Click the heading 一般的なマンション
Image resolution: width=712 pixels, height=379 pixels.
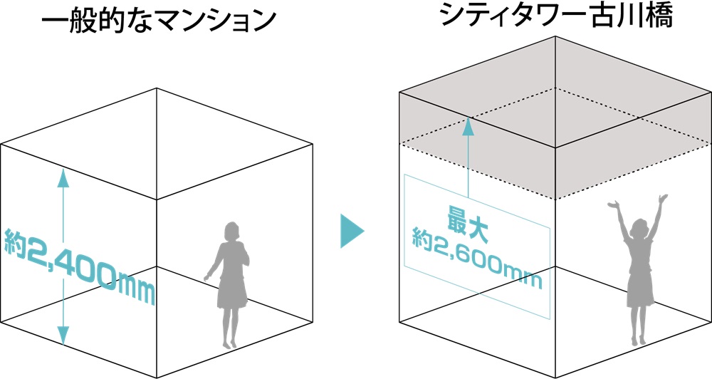point(157,21)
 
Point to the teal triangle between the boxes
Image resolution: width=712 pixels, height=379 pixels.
point(350,230)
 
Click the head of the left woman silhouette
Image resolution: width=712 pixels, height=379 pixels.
point(231,234)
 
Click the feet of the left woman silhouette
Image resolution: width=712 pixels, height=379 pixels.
point(228,343)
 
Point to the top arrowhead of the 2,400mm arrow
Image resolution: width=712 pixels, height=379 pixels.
point(63,177)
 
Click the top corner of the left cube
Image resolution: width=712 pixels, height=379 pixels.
point(157,88)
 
